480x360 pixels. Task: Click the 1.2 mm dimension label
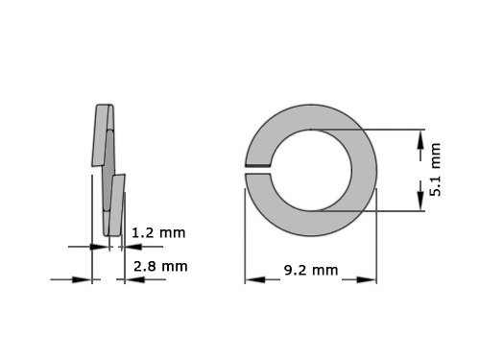(158, 232)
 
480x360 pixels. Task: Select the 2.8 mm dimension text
(160, 266)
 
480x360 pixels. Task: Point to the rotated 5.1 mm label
(435, 170)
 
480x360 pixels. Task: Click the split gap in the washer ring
(259, 170)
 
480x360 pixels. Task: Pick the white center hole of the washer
(310, 170)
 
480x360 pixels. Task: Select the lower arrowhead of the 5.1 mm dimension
(420, 198)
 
